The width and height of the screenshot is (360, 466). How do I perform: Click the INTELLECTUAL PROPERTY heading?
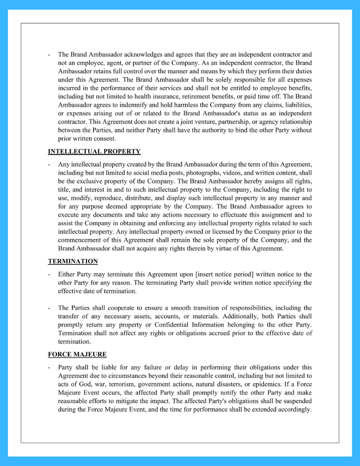pyautogui.click(x=94, y=151)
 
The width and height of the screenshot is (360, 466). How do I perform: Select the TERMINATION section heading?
pyautogui.click(x=73, y=261)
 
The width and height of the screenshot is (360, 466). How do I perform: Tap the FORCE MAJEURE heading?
pyautogui.click(x=77, y=355)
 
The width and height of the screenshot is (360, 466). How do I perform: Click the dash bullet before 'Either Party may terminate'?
pyautogui.click(x=50, y=274)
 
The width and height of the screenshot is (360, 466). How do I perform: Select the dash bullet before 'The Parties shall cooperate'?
pyautogui.click(x=50, y=308)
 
